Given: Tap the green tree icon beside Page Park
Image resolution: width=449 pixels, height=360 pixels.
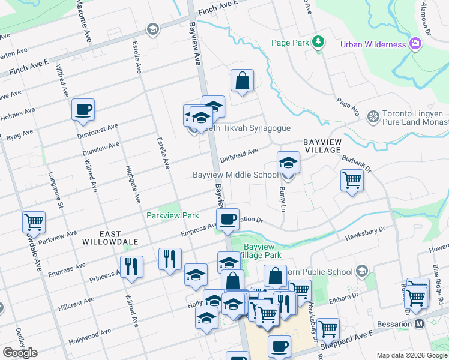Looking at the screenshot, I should pos(318,42).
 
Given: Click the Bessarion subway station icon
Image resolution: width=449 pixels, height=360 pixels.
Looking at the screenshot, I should pos(419,324).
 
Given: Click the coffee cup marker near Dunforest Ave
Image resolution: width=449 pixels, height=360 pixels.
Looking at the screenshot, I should pos(83,110).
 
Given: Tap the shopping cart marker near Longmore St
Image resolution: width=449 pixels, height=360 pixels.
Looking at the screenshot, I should pos(34,222).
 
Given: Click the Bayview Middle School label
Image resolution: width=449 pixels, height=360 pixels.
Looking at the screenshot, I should pos(235,175).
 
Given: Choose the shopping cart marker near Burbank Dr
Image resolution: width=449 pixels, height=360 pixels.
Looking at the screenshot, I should pos(352,179).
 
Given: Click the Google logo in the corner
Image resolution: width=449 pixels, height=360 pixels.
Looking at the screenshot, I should pos(20,353).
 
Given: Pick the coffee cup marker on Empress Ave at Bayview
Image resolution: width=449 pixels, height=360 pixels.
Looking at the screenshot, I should pos(228,219).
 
